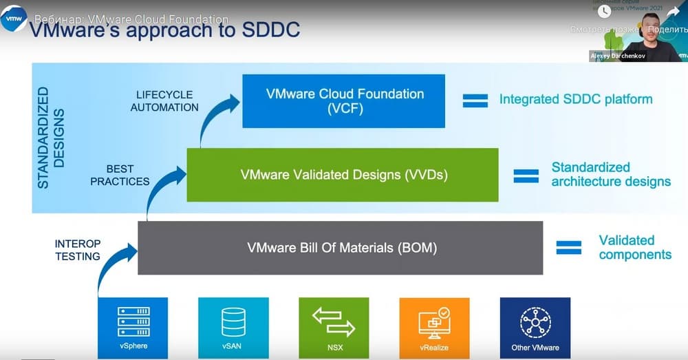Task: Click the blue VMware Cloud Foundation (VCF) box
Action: [x=343, y=101]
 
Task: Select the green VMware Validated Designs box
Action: [x=343, y=175]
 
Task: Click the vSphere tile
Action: [x=133, y=328]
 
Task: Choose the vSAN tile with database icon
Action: [x=233, y=328]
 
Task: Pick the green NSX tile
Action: [x=334, y=328]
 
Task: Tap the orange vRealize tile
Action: [x=434, y=328]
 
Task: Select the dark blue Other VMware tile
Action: [x=535, y=328]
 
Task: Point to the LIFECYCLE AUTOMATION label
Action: [x=164, y=100]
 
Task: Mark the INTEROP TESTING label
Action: [x=78, y=250]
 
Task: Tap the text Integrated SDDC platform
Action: [x=575, y=99]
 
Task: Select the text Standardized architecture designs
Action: [x=610, y=175]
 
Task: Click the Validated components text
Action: [x=634, y=248]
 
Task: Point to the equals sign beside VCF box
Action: [x=475, y=100]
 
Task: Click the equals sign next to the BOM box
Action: [x=569, y=248]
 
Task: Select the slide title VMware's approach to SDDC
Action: [x=165, y=31]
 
